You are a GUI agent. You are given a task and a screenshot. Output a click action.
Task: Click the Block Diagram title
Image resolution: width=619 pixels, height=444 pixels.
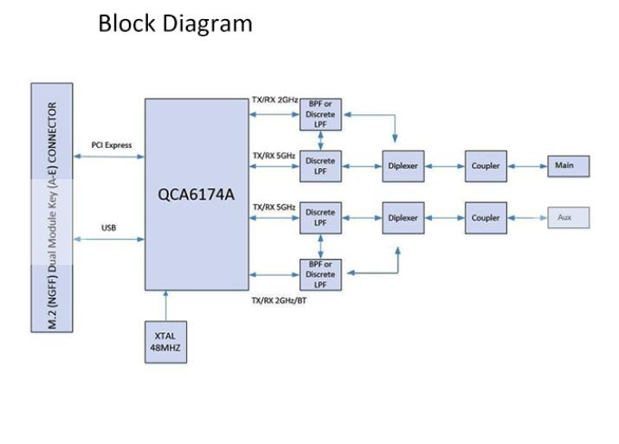175,23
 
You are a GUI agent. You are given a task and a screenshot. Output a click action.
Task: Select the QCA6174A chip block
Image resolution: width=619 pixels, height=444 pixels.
196,194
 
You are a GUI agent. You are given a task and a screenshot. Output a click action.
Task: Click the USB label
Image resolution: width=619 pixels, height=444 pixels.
108,228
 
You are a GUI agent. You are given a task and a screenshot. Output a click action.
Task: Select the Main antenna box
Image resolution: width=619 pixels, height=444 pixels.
567,165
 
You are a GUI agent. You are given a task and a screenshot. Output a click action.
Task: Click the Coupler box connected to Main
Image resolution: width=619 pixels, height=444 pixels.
486,166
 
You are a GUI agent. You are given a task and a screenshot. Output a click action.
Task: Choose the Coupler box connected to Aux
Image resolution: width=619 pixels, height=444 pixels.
486,218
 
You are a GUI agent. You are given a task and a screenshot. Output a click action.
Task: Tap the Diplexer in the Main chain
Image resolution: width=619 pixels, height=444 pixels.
403,166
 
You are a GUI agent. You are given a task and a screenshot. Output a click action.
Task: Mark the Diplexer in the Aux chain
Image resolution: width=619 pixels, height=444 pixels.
403,218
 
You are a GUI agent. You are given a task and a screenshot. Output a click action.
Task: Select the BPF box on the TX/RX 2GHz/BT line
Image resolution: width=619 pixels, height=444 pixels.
320,274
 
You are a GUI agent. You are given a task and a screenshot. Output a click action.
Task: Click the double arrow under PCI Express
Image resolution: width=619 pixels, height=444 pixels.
109,157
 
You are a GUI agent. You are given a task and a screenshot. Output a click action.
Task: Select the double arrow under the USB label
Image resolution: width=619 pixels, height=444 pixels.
109,240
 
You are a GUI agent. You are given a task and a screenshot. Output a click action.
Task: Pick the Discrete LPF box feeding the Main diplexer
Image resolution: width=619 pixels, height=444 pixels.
320,165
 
